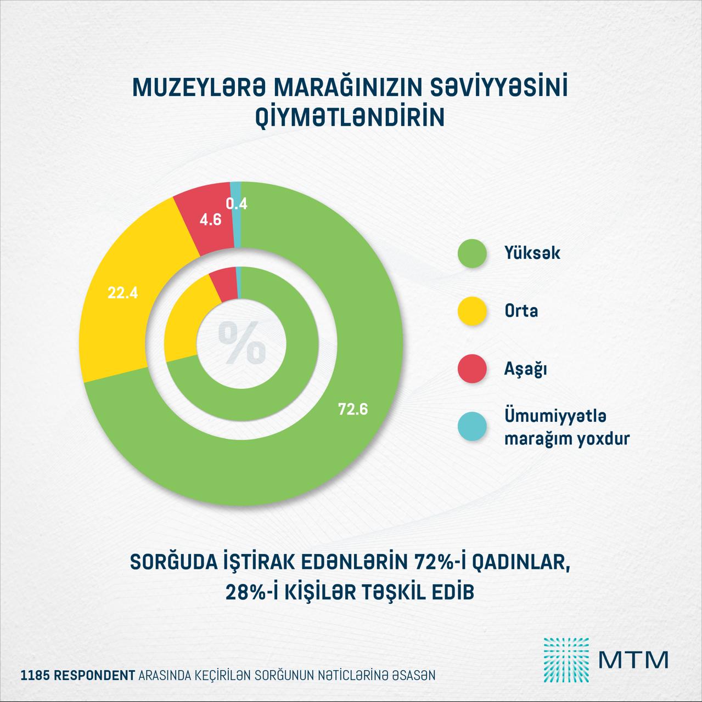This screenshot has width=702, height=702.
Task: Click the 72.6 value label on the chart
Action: tap(352, 409)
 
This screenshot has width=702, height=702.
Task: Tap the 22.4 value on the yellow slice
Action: tap(122, 293)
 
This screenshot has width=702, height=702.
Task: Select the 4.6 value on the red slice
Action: tap(210, 220)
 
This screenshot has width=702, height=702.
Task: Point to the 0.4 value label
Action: tap(237, 204)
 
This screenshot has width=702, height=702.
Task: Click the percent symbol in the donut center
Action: tap(242, 343)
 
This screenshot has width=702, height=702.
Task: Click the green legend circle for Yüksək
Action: tap(472, 253)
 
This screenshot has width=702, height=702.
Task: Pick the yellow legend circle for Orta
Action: tap(472, 311)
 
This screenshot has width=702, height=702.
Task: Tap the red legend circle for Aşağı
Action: tap(472, 369)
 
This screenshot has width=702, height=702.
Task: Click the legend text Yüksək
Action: tap(532, 253)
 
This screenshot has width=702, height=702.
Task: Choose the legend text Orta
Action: tap(521, 311)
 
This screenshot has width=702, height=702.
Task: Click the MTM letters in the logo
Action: tap(634, 660)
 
